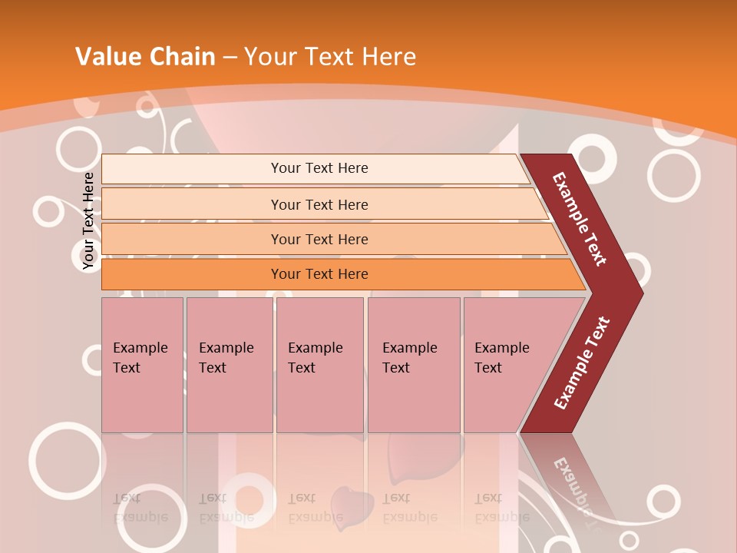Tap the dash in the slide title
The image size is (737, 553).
[230, 57]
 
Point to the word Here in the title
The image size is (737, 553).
[388, 56]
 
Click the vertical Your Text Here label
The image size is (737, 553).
[88, 221]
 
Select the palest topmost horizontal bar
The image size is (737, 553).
[315, 168]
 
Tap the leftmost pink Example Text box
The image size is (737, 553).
[142, 365]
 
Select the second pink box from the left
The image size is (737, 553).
[229, 365]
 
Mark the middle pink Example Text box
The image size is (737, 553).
[319, 365]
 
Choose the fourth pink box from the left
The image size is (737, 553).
[413, 365]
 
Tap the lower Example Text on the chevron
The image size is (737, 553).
[582, 363]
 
